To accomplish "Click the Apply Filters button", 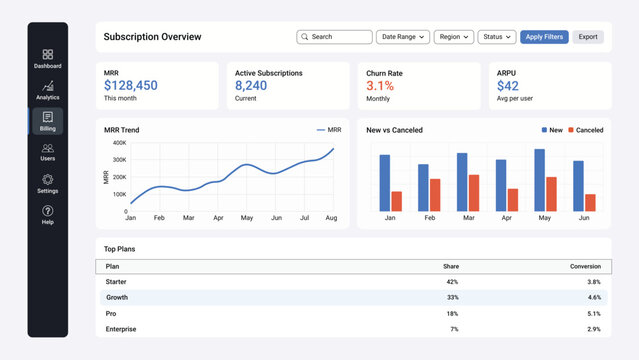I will [544, 37].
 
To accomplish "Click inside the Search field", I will [334, 37].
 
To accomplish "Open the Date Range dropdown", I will [402, 37].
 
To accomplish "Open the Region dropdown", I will [454, 37].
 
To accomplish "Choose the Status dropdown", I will [496, 37].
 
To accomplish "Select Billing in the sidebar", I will [48, 121].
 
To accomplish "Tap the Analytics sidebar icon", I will [48, 90].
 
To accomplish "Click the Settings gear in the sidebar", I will [48, 183].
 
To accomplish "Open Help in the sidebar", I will [48, 214].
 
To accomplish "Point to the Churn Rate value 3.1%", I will [380, 86].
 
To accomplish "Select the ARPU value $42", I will [508, 86].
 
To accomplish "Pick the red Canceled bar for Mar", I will [474, 193].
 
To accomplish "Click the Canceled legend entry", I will [585, 130].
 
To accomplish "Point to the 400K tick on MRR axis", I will [119, 143].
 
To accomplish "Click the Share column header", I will [450, 266].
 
